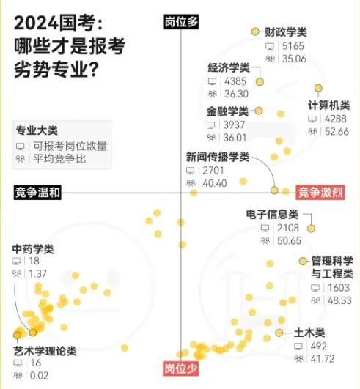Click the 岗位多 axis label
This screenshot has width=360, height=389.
[180, 22]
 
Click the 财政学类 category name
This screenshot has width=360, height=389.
[286, 32]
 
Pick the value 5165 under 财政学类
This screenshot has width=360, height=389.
[291, 46]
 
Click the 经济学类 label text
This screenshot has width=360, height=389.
[228, 67]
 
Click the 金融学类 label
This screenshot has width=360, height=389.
[228, 111]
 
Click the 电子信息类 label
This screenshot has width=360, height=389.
[273, 214]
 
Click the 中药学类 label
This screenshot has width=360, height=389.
[32, 249]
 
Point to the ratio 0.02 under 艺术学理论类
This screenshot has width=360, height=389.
[39, 376]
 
